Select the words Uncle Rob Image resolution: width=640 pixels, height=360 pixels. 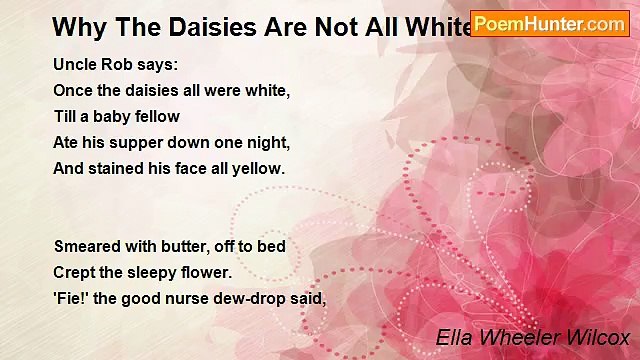pyautogui.click(x=96, y=64)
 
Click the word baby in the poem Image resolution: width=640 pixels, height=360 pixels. pyautogui.click(x=115, y=116)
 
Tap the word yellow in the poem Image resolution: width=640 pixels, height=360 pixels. pyautogui.click(x=258, y=169)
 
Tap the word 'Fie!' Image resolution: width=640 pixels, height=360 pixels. pyautogui.click(x=70, y=298)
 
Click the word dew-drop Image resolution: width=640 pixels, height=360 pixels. pyautogui.click(x=252, y=298)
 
